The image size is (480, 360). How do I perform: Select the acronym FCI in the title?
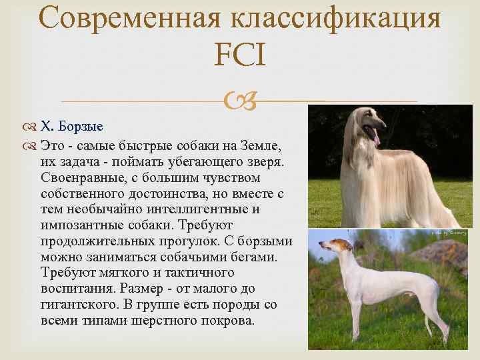pos(240,55)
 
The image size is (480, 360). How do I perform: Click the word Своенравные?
pos(85,179)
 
